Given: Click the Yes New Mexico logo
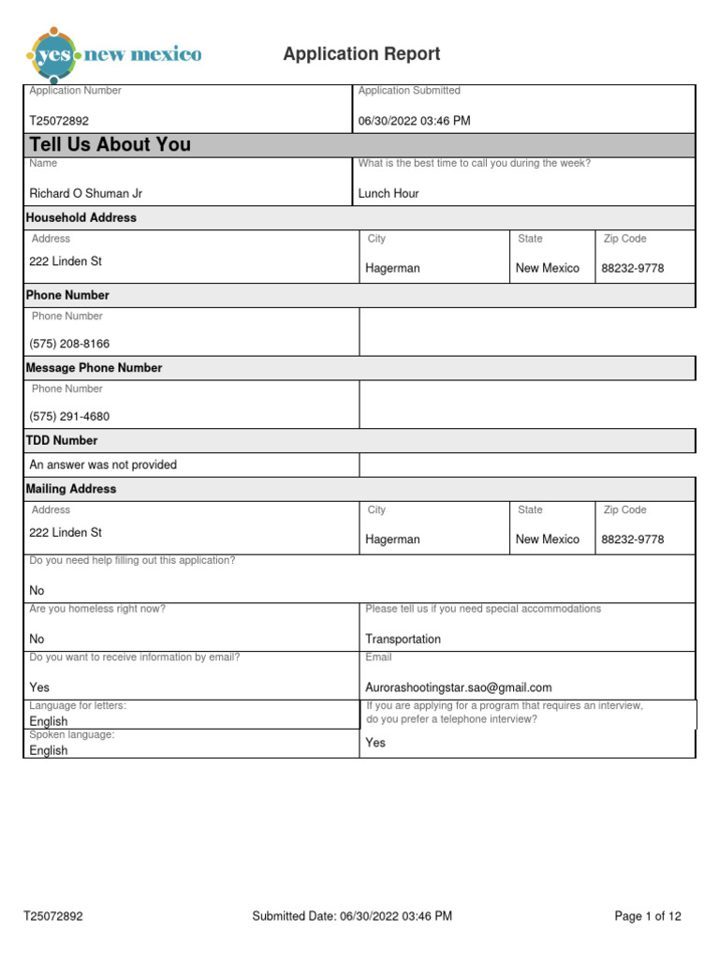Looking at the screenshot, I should click(115, 54).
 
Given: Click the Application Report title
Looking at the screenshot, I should click(361, 54).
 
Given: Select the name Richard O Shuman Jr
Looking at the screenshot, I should click(86, 194).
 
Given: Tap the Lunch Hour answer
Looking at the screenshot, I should click(389, 194).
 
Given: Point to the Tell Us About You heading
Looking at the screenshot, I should click(110, 144).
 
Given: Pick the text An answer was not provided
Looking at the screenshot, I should click(103, 465).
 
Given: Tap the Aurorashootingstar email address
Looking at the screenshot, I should click(459, 687).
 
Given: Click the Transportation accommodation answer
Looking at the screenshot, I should click(403, 639).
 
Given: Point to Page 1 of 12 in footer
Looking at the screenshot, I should click(648, 916).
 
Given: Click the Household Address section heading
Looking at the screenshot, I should click(81, 217).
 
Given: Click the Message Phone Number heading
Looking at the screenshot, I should click(94, 368).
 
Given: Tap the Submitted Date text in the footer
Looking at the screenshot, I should click(352, 916).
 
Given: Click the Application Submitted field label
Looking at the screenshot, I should click(409, 91).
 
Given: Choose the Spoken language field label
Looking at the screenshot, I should click(72, 735).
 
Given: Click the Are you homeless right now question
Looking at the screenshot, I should click(97, 609).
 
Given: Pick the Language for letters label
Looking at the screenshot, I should click(78, 705).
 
